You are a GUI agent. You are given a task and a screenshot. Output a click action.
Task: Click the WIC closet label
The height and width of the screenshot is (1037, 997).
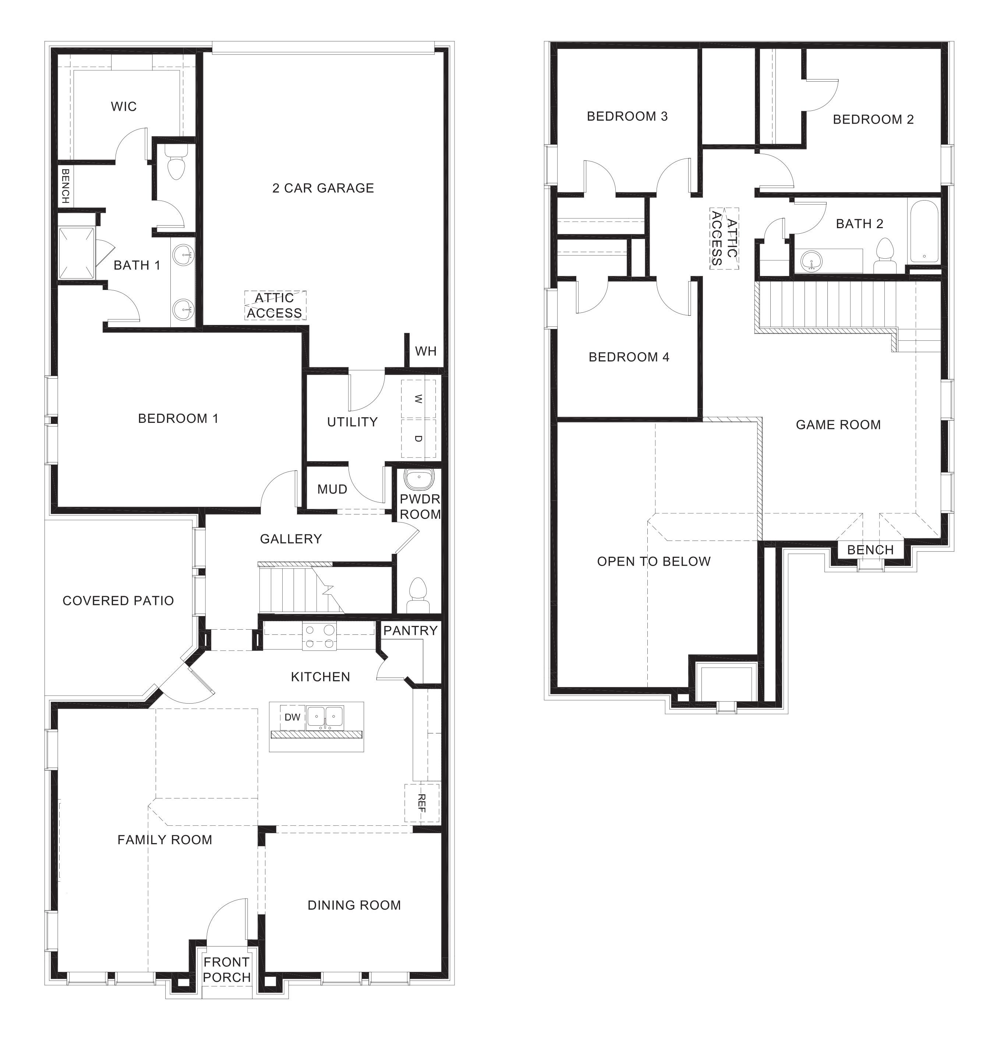(123, 106)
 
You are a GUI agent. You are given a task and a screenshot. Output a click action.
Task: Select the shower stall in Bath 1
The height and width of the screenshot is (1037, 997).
(77, 253)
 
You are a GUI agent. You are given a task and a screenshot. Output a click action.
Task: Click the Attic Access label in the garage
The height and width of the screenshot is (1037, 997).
(274, 305)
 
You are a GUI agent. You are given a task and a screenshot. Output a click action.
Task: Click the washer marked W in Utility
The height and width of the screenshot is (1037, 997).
(418, 399)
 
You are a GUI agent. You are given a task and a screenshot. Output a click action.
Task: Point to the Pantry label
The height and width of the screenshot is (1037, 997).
(410, 631)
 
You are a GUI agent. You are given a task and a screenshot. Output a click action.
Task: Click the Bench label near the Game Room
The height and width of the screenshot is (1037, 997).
(870, 550)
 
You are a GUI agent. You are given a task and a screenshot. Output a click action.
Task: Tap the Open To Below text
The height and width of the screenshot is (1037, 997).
(654, 561)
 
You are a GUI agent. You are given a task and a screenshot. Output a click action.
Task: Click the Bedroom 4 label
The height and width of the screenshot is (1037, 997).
(629, 357)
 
